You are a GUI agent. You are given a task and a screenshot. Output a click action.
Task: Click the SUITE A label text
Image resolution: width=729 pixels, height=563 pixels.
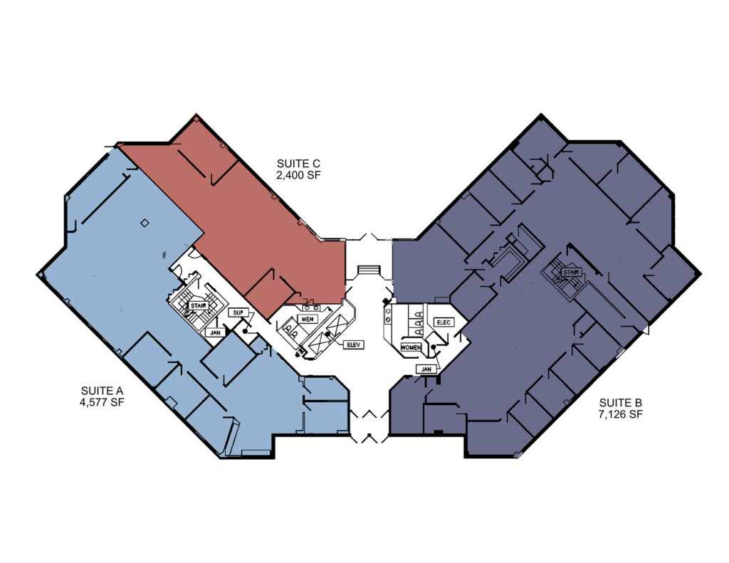point(102,391)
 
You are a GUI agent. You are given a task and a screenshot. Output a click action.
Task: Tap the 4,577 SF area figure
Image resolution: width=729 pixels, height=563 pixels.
point(102,402)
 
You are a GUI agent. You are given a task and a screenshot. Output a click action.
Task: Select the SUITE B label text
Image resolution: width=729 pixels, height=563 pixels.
point(621,403)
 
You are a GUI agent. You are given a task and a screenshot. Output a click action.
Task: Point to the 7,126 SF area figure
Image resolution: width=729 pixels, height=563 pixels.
point(621,414)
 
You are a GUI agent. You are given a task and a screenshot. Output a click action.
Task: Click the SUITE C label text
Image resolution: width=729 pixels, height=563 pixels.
point(298,164)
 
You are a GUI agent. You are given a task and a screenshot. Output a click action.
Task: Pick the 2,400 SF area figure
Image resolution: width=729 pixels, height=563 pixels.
point(298,175)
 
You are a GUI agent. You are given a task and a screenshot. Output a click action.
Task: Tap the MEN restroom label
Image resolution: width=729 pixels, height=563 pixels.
point(308,320)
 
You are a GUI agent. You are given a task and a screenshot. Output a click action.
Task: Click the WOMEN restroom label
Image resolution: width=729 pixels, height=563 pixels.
point(411,348)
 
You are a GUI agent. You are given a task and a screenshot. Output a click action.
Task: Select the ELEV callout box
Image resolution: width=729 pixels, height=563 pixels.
point(354,345)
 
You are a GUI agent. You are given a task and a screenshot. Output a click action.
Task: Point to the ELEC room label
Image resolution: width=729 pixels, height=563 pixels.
point(444,322)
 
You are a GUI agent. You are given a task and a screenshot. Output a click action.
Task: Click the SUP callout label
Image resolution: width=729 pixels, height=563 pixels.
point(238,313)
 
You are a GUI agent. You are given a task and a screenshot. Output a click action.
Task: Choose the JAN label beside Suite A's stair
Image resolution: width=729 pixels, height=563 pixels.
point(215,333)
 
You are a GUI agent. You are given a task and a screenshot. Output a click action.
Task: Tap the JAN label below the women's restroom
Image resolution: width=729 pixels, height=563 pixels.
point(426,369)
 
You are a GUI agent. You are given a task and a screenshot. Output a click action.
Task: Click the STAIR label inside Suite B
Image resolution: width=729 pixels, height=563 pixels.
point(571,272)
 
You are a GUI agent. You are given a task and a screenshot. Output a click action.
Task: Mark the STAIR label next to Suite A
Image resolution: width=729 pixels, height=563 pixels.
point(199,306)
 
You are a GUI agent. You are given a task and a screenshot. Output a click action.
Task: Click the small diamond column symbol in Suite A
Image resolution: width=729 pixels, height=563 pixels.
point(145,223)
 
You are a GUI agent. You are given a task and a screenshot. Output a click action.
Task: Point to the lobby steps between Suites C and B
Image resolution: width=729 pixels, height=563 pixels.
point(369,271)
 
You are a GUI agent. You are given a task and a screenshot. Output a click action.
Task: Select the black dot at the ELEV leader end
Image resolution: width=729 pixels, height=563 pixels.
point(327,334)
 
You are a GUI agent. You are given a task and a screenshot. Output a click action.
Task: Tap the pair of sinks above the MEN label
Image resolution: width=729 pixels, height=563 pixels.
point(311,307)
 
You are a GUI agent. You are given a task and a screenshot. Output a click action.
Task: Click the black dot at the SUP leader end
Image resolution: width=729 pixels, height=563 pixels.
point(245,332)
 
